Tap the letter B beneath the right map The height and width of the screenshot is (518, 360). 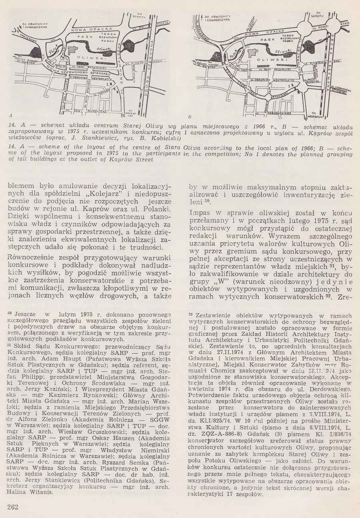pos(193,117)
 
